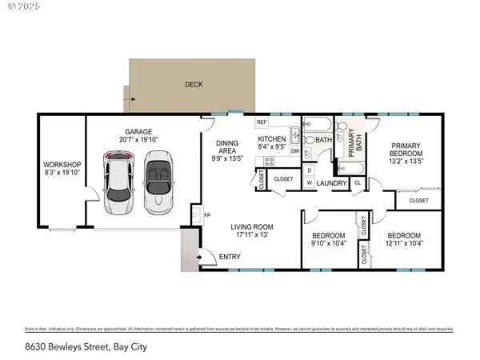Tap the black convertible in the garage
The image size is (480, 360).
click(x=158, y=183)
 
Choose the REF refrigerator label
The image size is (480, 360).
click(x=262, y=122)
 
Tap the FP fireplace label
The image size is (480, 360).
click(x=206, y=216)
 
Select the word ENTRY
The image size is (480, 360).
click(x=230, y=257)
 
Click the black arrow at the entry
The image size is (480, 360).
click(x=201, y=257)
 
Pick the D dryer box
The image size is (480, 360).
click(x=309, y=170)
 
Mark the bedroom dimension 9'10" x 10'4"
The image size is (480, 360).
click(x=328, y=244)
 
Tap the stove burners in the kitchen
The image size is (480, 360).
click(x=270, y=161)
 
